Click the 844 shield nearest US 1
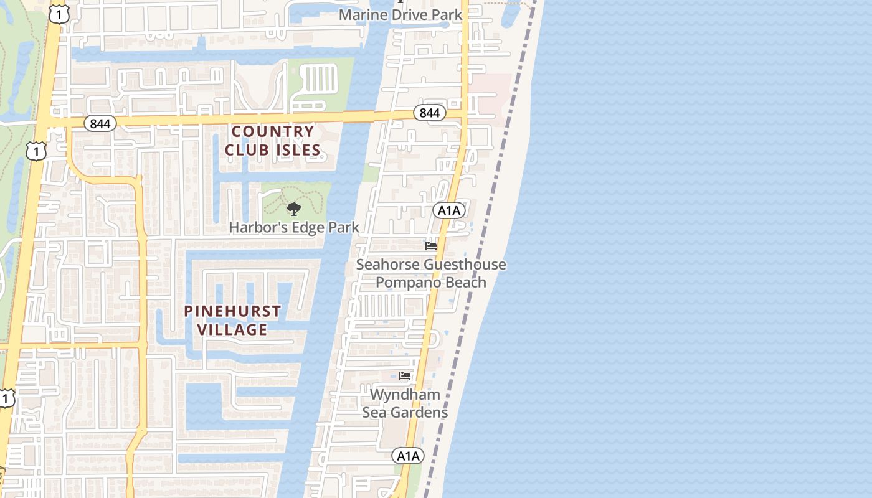point(100,123)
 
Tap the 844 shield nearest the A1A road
point(429,113)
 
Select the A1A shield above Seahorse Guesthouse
point(449,210)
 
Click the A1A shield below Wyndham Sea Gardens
point(408,456)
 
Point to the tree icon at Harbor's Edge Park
point(293,209)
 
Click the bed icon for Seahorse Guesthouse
point(431,246)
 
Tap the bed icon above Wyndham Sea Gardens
point(405,376)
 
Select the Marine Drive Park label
point(400,14)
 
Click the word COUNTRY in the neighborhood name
point(273,131)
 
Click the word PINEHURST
point(232,311)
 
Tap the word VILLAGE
point(232,329)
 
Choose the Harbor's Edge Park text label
point(294,227)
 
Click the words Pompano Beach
point(430,282)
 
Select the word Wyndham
point(405,395)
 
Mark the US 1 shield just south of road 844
point(36,151)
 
